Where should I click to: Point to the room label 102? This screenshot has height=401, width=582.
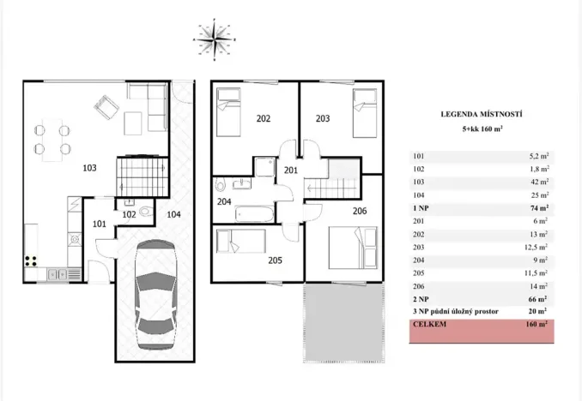[129, 214]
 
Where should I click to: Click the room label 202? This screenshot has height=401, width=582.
[264, 118]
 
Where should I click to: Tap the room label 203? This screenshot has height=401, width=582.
[322, 118]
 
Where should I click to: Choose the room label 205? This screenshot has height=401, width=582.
[275, 260]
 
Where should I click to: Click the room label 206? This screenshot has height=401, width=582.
[360, 209]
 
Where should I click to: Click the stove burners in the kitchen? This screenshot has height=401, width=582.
[33, 260]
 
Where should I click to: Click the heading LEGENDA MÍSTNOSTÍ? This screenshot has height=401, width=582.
[482, 114]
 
